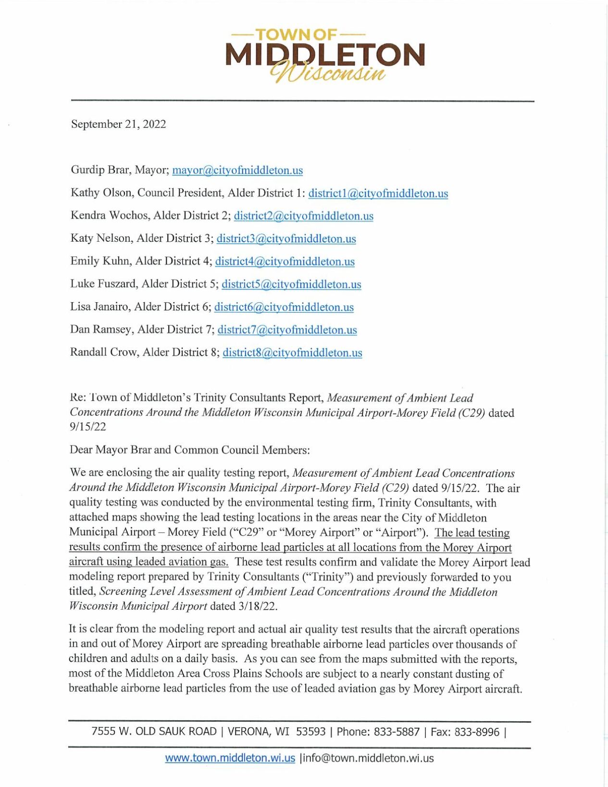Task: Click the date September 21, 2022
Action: [x=119, y=124]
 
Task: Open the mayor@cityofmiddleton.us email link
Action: [x=237, y=170]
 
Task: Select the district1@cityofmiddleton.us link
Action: [x=378, y=193]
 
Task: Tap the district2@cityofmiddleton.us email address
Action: [x=303, y=216]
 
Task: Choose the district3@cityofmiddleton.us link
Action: [x=286, y=238]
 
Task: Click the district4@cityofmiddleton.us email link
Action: [x=285, y=261]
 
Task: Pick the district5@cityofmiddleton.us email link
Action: [x=291, y=284]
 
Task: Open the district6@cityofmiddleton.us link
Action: [x=284, y=307]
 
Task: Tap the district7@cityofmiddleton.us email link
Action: [x=287, y=330]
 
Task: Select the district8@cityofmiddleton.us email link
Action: [x=292, y=353]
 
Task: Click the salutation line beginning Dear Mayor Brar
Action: [x=190, y=450]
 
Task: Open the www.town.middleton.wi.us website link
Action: [x=230, y=758]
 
